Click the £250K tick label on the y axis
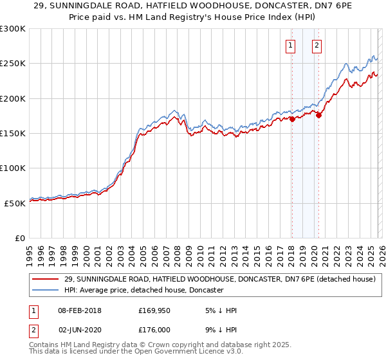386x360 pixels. pyautogui.click(x=13, y=64)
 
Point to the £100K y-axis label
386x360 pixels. pyautogui.click(x=13, y=168)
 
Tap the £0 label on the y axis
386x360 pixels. pyautogui.click(x=19, y=238)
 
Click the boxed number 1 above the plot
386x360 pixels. pyautogui.click(x=291, y=45)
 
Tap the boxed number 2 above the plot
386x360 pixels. pyautogui.click(x=318, y=45)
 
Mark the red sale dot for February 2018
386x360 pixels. pyautogui.click(x=292, y=119)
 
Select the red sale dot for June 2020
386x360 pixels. pyautogui.click(x=318, y=116)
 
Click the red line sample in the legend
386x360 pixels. pyautogui.click(x=46, y=279)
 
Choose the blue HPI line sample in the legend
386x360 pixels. pyautogui.click(x=46, y=290)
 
